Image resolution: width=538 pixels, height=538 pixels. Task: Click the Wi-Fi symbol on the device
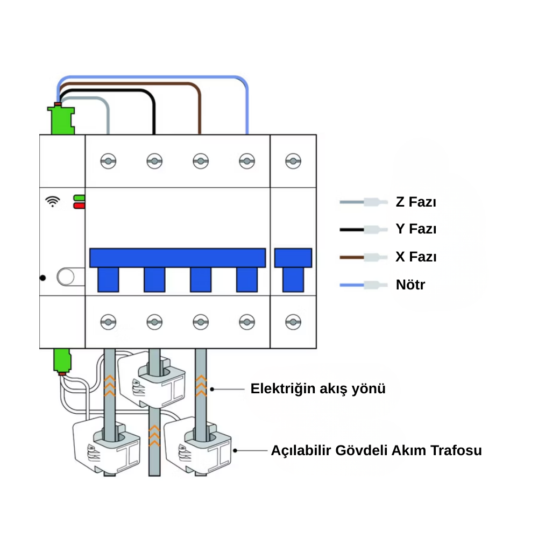coord(52,201)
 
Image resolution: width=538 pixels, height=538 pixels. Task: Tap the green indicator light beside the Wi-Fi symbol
coord(79,198)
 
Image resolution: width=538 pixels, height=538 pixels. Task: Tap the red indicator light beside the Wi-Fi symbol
coord(79,205)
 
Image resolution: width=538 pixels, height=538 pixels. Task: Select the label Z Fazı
coord(416,202)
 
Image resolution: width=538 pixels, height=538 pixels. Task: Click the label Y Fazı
coord(416,229)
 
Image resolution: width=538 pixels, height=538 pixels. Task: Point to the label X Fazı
coord(416,257)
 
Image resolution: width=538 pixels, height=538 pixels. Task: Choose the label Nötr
coord(410,284)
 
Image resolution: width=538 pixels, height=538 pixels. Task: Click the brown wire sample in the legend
coord(363,257)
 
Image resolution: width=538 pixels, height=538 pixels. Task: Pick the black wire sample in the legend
coord(363,230)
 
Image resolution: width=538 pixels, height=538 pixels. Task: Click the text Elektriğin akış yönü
coord(318,388)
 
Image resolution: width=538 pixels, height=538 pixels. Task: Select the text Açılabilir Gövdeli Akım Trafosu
coord(376,450)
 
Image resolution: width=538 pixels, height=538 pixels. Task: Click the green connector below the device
coord(62,360)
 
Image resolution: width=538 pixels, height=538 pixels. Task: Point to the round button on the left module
coord(66,277)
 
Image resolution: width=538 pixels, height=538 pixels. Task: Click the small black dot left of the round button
coord(43,278)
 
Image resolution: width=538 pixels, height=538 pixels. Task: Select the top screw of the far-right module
coord(293,161)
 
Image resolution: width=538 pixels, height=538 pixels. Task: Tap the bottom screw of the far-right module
coord(293,322)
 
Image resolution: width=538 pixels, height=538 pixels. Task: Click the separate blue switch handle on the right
coord(293,269)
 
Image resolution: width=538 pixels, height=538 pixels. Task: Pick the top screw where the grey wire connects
coord(108,161)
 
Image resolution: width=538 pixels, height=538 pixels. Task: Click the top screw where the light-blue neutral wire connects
coord(247,161)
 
